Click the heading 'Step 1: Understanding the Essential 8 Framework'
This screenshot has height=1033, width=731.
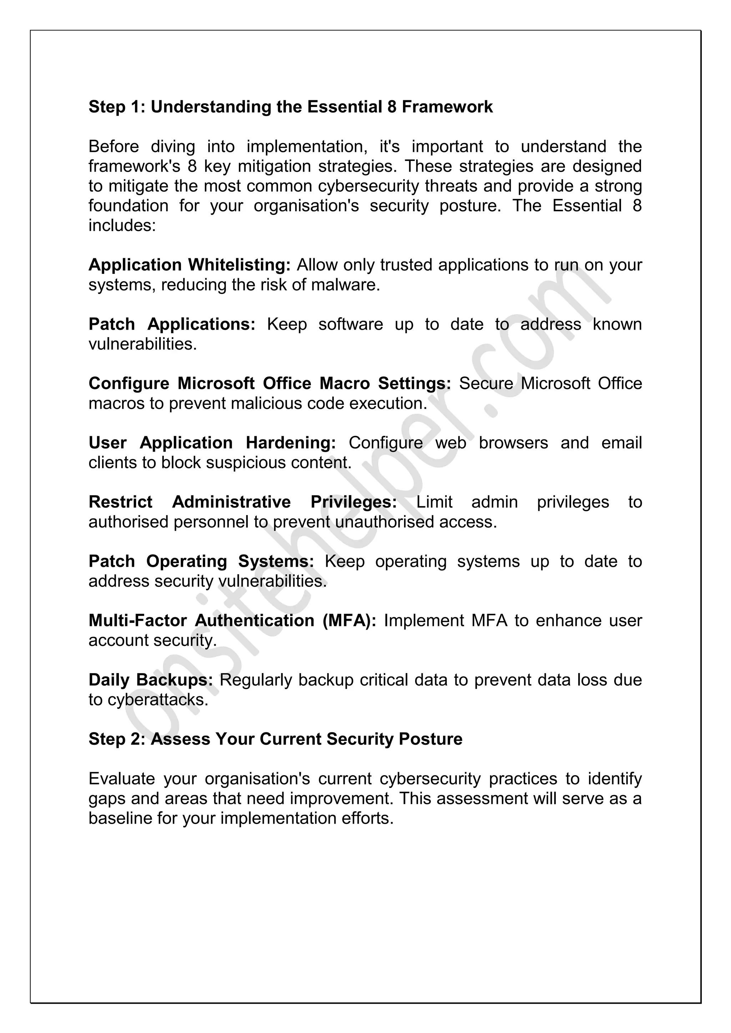(290, 107)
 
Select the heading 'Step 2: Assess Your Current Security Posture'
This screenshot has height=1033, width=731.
(275, 739)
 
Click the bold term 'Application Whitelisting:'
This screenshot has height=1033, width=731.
(190, 265)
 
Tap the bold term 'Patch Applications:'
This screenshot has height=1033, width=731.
(171, 324)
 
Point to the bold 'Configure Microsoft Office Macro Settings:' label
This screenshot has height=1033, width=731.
(269, 384)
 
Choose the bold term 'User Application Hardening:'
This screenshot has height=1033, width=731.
(212, 443)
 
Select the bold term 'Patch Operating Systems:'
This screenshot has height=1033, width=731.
(201, 561)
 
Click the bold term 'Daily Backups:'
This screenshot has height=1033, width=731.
(150, 680)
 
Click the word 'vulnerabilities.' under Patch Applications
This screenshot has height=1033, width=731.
(143, 345)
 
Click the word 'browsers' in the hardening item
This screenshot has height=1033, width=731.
(513, 443)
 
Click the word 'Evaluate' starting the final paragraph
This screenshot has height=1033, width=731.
(121, 779)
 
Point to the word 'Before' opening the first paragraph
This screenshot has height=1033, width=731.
(114, 147)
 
